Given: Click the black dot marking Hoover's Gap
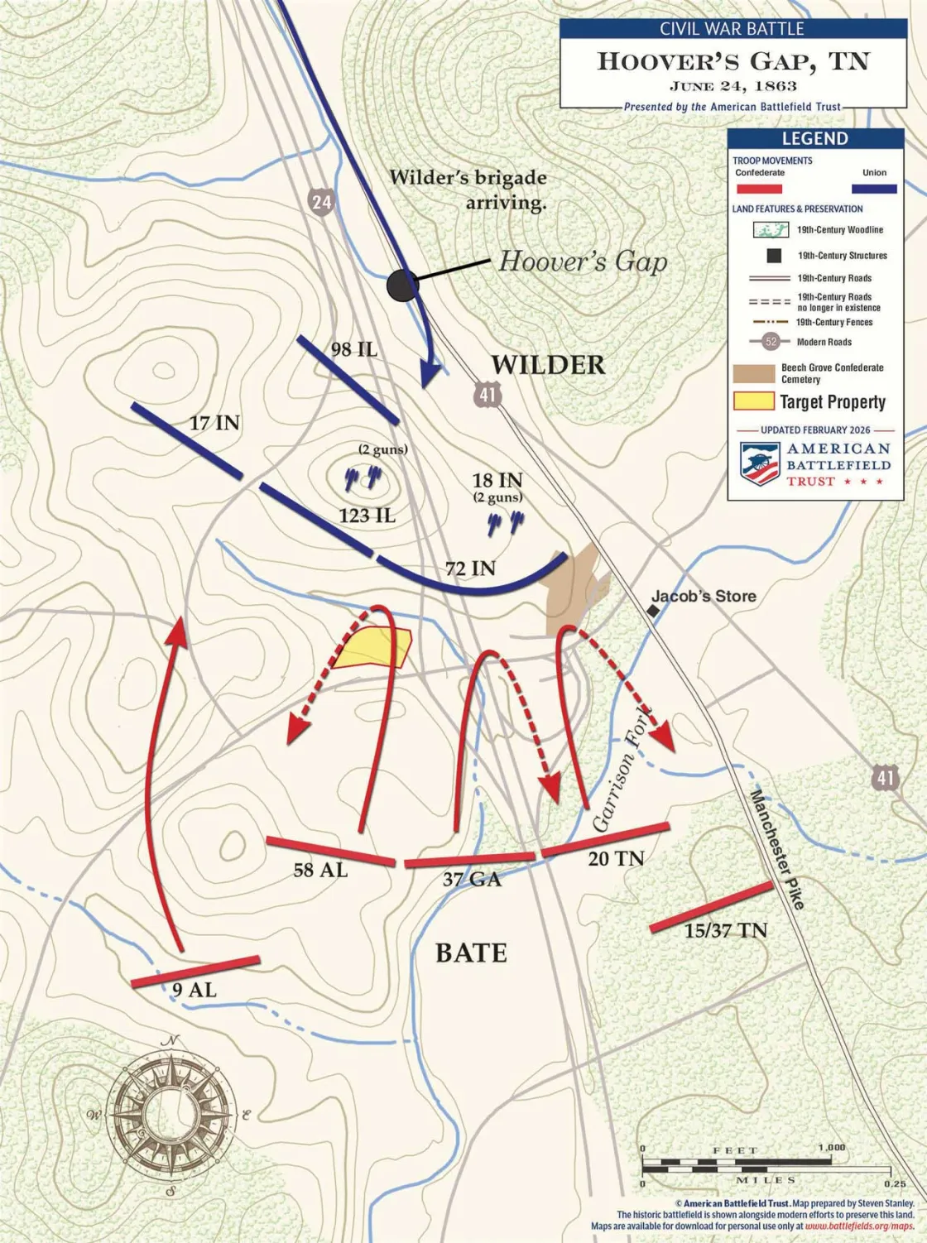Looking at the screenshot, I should (x=403, y=286).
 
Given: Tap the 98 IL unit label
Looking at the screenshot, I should (x=354, y=349).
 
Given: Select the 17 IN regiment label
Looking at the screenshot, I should (x=214, y=423).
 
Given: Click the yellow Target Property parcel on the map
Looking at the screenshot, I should (x=374, y=648).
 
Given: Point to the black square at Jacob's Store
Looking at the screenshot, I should (x=653, y=611).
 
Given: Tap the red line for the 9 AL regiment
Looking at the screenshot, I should (x=195, y=972).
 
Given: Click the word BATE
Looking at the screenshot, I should (x=471, y=953).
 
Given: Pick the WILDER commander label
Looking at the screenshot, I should (x=548, y=364).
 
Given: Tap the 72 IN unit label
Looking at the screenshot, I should (x=470, y=568).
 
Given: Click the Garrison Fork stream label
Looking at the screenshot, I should (x=622, y=770).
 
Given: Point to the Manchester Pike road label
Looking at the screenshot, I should (x=777, y=849).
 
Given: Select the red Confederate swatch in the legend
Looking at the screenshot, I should (x=759, y=189).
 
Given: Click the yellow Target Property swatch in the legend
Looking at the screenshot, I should (x=753, y=402).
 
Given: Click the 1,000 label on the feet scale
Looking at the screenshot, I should (x=831, y=1148).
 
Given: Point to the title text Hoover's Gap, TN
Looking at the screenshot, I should (x=732, y=61).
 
